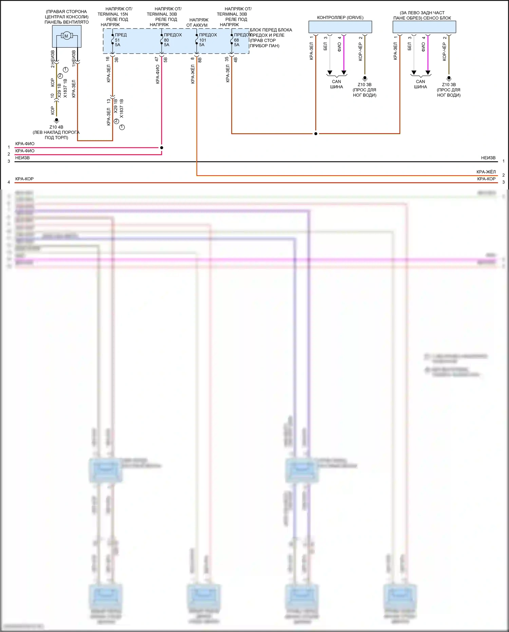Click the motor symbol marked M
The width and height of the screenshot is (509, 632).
(66, 36)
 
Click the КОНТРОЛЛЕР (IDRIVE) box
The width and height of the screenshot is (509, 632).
(340, 27)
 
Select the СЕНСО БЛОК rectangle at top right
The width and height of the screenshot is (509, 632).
(424, 27)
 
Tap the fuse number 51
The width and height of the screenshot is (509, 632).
(117, 40)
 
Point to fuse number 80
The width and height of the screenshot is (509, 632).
(166, 40)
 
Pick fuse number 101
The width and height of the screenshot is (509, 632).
(203, 40)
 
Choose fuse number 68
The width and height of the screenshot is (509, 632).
(237, 40)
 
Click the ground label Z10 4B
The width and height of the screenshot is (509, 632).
(56, 127)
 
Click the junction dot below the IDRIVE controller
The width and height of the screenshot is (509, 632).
(316, 134)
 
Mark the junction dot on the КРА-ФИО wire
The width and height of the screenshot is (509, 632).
(162, 148)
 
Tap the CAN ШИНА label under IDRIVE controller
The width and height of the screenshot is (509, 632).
(336, 84)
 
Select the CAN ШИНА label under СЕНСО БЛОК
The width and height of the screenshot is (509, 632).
(420, 84)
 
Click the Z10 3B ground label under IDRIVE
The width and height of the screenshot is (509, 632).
(364, 85)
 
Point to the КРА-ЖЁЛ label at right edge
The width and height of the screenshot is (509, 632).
(486, 172)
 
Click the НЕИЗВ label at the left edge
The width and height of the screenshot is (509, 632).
(22, 158)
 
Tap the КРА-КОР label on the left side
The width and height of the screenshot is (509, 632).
(24, 179)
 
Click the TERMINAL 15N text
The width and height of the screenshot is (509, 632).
(113, 14)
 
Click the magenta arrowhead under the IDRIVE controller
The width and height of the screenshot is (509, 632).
(344, 73)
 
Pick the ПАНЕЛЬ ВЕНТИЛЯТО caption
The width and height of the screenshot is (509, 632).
(67, 22)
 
